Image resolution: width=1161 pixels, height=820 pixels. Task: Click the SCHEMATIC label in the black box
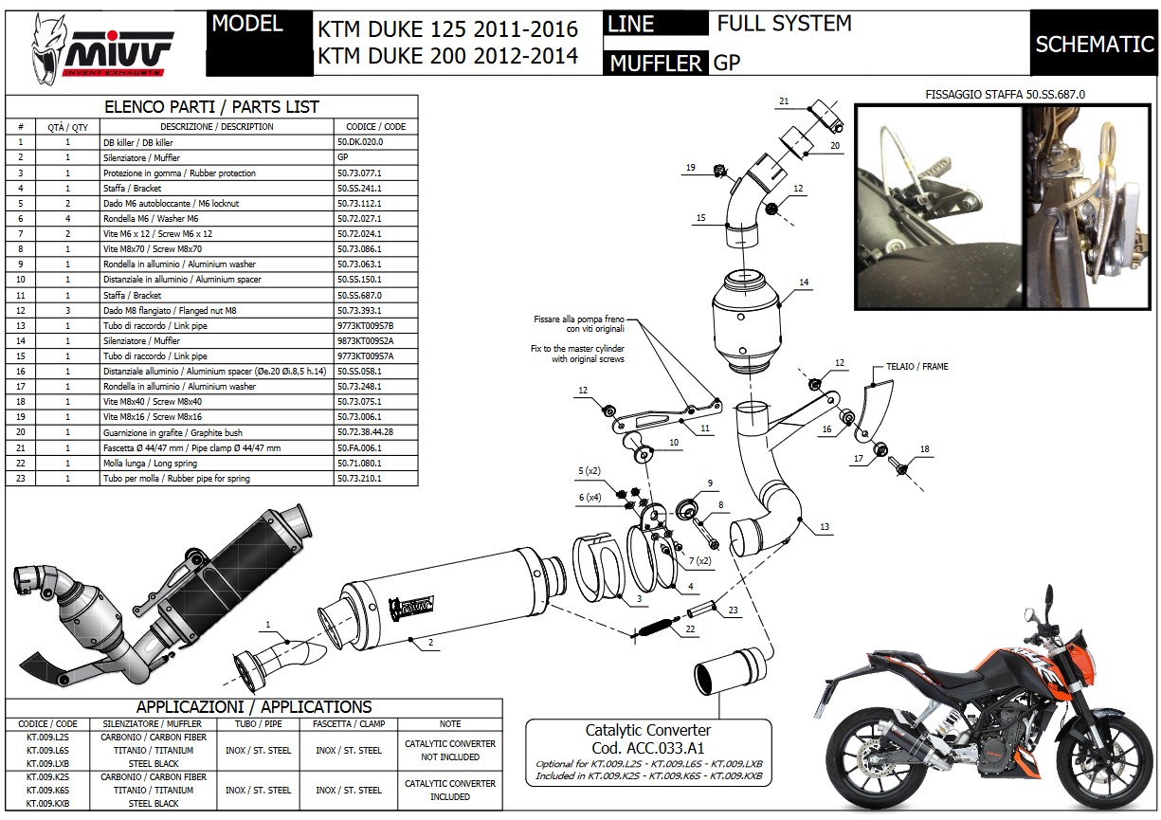coord(1093,44)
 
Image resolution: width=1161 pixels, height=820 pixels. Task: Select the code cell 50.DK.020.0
coord(360,142)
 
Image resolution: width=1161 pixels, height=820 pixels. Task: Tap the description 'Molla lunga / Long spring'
coord(150,464)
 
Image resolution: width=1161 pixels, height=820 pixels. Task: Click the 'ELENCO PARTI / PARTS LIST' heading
coord(210,107)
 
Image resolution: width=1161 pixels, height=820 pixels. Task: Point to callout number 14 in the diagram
coord(803,282)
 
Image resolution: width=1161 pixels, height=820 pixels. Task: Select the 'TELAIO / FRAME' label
coord(916,366)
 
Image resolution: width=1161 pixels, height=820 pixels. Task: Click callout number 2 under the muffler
coord(430,642)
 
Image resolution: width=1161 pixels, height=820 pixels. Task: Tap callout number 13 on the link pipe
coord(825,527)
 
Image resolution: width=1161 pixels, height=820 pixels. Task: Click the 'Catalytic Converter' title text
coord(647,730)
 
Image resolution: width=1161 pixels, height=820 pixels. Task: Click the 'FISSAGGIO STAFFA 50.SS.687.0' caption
coord(1005,95)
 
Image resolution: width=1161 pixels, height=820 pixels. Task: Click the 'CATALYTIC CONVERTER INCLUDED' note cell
coord(450,790)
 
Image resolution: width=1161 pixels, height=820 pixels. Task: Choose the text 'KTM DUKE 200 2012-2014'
coord(447,56)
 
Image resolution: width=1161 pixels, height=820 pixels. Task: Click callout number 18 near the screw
coord(924,449)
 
